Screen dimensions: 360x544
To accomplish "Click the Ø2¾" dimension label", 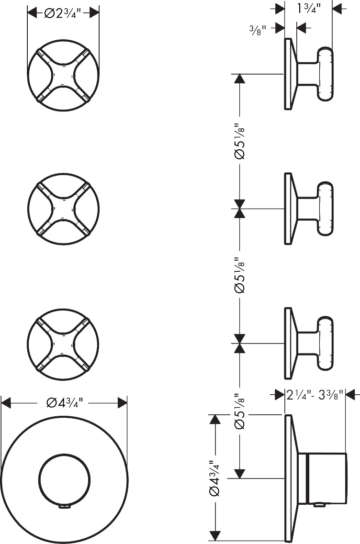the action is click(63, 13).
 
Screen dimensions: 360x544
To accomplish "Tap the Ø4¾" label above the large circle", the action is click(65, 403).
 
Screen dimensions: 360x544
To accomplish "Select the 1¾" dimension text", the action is click(308, 8).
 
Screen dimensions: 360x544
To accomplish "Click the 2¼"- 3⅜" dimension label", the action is click(315, 394).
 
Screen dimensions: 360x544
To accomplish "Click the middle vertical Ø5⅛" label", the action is click(239, 275).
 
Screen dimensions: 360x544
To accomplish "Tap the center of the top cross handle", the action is click(63, 75).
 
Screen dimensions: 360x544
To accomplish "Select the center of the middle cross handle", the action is click(63, 209).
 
